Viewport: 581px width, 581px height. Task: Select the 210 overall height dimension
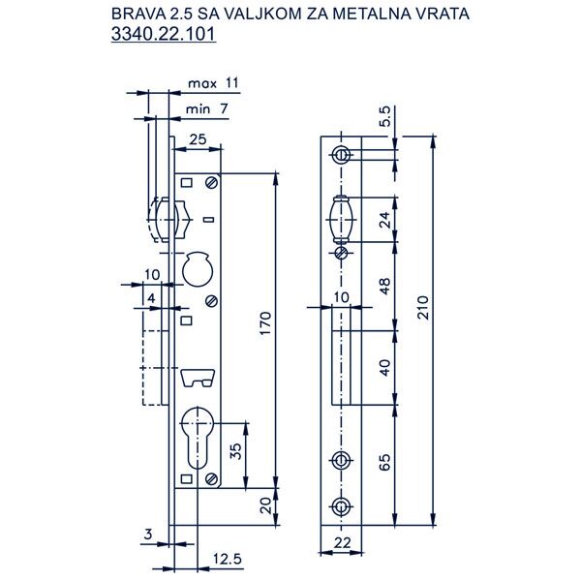420,309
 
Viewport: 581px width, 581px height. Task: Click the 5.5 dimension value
384,117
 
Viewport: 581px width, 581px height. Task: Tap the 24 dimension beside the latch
385,219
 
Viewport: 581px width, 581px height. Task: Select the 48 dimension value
385,286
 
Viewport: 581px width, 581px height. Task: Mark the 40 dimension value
385,368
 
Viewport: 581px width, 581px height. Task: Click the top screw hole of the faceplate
341,154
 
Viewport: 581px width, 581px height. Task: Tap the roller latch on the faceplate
341,218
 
